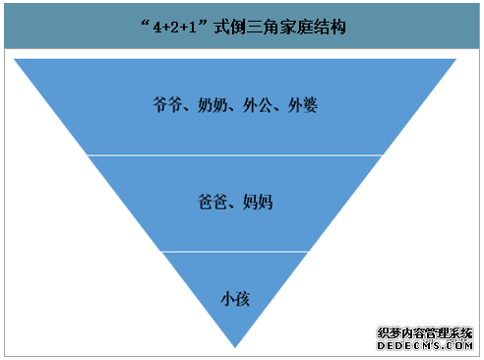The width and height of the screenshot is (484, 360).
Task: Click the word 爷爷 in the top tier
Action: pos(168,105)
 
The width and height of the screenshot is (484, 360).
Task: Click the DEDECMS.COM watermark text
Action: pos(426,345)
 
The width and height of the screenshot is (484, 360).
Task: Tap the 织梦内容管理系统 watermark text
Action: pos(426,332)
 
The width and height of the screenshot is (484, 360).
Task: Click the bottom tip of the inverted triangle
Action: pos(235,345)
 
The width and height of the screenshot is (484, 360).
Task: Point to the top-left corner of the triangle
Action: pos(16,59)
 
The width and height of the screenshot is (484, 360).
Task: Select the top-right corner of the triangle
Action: pos(455,59)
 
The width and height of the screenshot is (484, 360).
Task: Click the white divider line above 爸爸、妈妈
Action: pos(235,154)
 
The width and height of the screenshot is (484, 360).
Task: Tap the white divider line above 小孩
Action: pos(235,251)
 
